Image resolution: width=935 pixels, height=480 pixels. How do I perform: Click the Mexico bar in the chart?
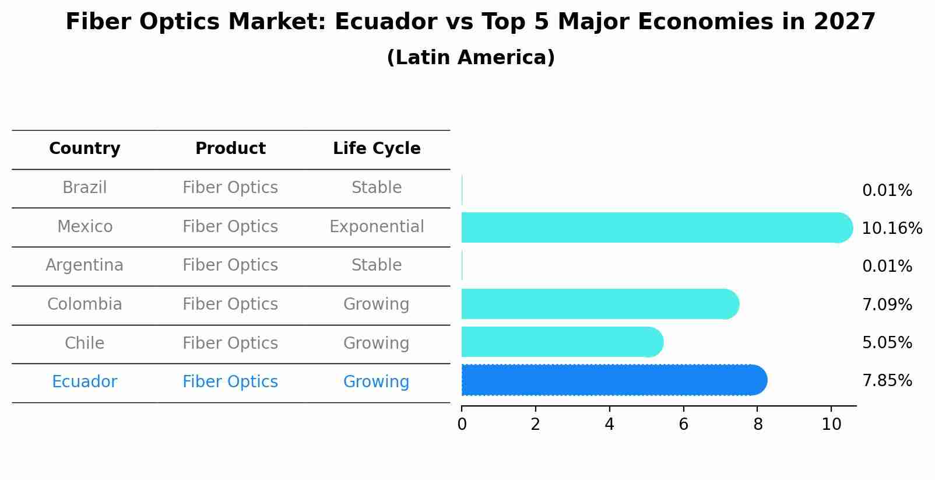tap(653, 227)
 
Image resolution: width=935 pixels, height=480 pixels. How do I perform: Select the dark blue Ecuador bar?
tap(612, 380)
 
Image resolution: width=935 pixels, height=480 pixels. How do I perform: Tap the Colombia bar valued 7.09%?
tap(597, 304)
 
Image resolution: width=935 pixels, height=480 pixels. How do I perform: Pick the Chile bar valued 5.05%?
tap(560, 342)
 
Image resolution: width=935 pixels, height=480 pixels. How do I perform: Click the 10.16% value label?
tap(891, 229)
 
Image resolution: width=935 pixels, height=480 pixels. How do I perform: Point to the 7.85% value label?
tap(887, 381)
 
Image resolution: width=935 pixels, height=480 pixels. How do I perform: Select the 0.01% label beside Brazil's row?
tap(887, 191)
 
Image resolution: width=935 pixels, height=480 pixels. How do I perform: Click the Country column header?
tap(85, 149)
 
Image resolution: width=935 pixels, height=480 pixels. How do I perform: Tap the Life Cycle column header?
tap(377, 149)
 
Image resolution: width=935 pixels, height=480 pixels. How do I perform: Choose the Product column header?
tap(230, 149)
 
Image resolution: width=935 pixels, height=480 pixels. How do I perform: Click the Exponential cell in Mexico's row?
tap(377, 227)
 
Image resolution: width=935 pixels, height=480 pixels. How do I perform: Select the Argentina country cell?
tap(85, 265)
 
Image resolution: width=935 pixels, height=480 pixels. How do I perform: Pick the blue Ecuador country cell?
tap(85, 382)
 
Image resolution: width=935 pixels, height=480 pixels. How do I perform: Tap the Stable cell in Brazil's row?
tap(377, 188)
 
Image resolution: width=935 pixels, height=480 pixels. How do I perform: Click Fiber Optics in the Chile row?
tap(230, 343)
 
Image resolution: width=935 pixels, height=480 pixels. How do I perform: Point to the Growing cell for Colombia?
tap(377, 304)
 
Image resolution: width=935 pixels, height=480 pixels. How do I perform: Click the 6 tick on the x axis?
tap(683, 425)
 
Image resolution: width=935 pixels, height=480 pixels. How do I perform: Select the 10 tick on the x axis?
tap(831, 425)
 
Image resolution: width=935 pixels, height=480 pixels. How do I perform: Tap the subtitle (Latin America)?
tap(470, 58)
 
